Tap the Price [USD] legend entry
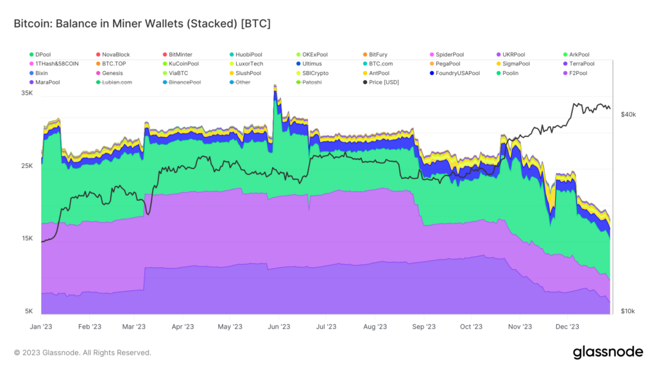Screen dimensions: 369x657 [384, 83]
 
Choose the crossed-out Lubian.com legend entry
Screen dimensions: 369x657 [115, 83]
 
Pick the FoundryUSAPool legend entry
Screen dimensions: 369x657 [456, 74]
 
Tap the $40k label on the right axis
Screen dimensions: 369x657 [628, 115]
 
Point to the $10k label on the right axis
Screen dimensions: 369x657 [628, 311]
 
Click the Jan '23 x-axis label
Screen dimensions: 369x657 [41, 327]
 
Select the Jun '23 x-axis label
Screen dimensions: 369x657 [278, 327]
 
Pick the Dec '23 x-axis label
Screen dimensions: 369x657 [567, 327]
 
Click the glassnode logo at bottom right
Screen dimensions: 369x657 [607, 352]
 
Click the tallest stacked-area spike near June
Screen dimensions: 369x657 [275, 86]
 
